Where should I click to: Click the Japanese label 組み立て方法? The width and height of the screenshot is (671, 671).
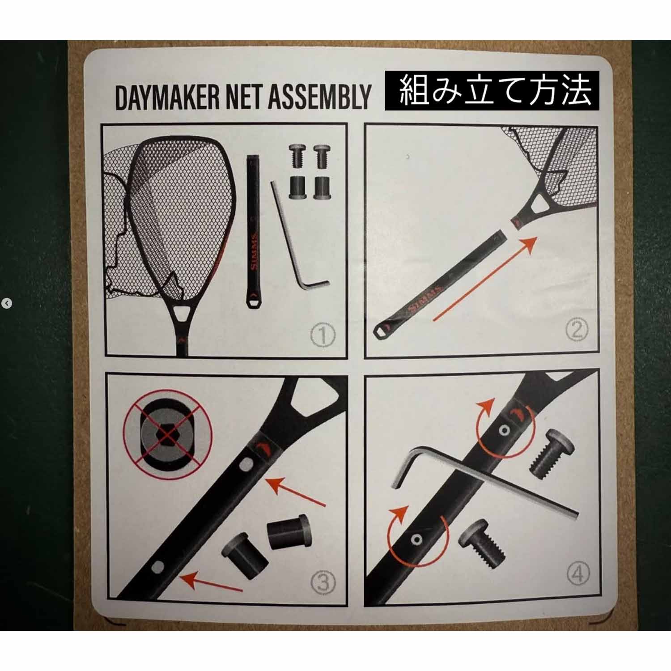tap(492, 91)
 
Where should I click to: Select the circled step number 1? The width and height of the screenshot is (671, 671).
tap(323, 335)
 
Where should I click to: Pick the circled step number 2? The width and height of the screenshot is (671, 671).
tap(577, 330)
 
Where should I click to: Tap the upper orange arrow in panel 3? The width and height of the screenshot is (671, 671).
tap(295, 491)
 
